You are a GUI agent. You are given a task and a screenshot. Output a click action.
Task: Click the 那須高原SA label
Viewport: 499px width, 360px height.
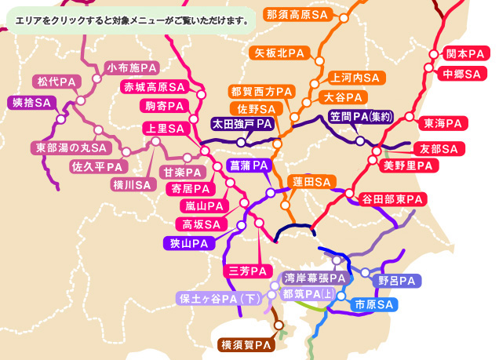pyautogui.click(x=297, y=14)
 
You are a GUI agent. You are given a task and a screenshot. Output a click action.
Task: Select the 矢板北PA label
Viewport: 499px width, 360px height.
pyautogui.click(x=280, y=53)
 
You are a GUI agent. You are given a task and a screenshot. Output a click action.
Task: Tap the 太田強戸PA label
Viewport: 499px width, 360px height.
pyautogui.click(x=242, y=124)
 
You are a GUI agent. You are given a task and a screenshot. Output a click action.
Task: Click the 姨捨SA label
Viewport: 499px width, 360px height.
pyautogui.click(x=31, y=103)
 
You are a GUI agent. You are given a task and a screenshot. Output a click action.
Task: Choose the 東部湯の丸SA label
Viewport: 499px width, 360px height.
pyautogui.click(x=70, y=147)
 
